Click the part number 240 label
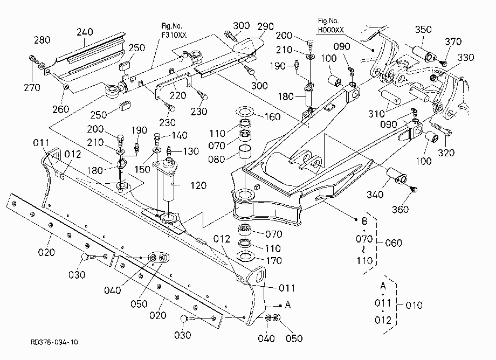pyautogui.click(x=85, y=32)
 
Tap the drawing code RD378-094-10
pyautogui.click(x=54, y=342)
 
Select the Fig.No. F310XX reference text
pyautogui.click(x=174, y=30)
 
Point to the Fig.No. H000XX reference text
pyautogui.click(x=330, y=25)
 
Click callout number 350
pyautogui.click(x=423, y=30)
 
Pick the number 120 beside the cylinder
pyautogui.click(x=198, y=185)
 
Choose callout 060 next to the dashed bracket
pyautogui.click(x=394, y=243)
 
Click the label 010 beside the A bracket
pyautogui.click(x=414, y=305)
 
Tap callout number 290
pyautogui.click(x=265, y=26)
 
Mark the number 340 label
pyautogui.click(x=375, y=194)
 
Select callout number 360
pyautogui.click(x=400, y=209)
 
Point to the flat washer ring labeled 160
pyautogui.click(x=245, y=111)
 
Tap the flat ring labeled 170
pyautogui.click(x=245, y=256)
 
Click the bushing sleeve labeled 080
pyautogui.click(x=245, y=152)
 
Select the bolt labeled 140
pyautogui.click(x=157, y=139)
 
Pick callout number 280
pyautogui.click(x=42, y=40)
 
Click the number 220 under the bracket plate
pyautogui.click(x=178, y=95)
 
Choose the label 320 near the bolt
pyautogui.click(x=446, y=153)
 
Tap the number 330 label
pyautogui.click(x=466, y=57)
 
